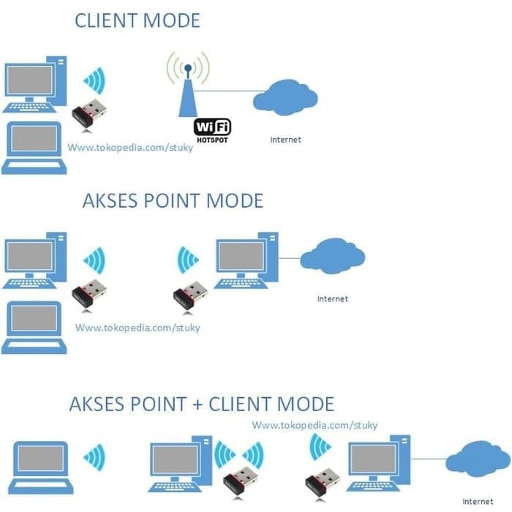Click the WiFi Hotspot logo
(x=212, y=129)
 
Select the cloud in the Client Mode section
(x=285, y=97)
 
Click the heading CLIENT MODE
(x=137, y=20)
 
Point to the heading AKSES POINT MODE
(x=173, y=200)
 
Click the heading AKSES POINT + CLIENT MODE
(x=201, y=404)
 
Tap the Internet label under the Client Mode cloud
(x=285, y=140)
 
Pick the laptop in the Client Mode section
(x=34, y=147)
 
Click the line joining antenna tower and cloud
(x=227, y=91)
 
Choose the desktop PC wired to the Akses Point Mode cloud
(x=246, y=260)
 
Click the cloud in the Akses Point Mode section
(x=332, y=257)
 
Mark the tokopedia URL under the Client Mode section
(x=130, y=147)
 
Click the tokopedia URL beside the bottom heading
(x=315, y=425)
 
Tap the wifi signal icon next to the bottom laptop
(x=94, y=458)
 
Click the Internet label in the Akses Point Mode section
(x=332, y=298)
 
